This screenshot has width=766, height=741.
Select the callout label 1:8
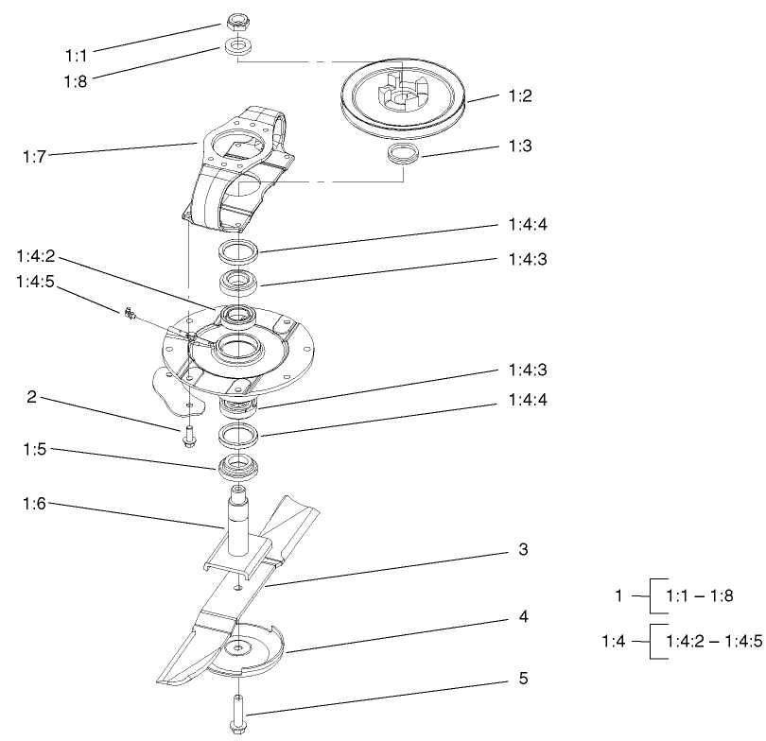75,81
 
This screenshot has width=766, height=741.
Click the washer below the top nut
237,47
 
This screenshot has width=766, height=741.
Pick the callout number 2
32,399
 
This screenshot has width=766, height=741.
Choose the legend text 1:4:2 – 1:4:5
714,641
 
